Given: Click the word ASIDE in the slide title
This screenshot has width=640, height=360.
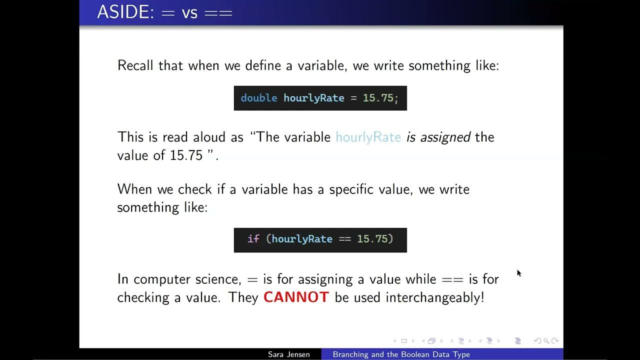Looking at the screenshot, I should tap(125, 12).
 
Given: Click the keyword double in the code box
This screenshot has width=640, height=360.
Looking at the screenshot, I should tap(258, 98).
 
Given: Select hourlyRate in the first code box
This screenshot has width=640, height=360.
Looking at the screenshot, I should tap(313, 98).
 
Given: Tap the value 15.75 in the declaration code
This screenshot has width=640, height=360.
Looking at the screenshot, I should tap(378, 98).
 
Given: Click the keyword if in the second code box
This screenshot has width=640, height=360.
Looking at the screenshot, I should tap(253, 239).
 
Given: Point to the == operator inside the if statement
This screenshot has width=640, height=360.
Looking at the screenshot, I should tap(344, 239).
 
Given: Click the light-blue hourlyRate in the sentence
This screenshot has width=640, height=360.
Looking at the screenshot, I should tap(368, 137).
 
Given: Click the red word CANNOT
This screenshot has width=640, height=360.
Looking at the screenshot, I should tap(296, 297).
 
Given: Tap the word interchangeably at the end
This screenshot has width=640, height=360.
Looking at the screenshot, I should tap(434, 297).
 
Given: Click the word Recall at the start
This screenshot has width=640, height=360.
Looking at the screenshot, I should tap(135, 65).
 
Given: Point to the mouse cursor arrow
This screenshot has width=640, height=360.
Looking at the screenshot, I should tap(518, 272).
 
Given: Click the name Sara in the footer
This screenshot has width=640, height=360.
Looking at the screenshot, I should tap(276, 354).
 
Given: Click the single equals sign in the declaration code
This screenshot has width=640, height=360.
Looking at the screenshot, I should tap(353, 98).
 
